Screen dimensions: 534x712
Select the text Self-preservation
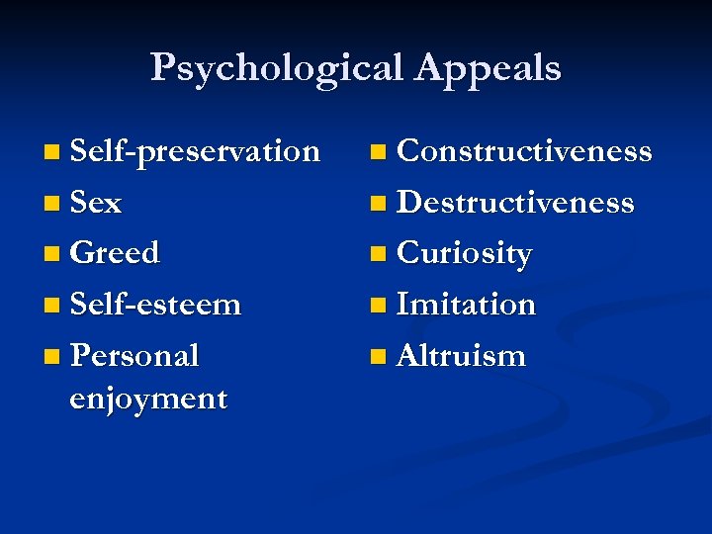195,151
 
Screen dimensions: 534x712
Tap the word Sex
96,203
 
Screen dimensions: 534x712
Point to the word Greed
115,253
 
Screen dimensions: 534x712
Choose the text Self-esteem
155,305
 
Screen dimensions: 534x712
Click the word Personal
134,355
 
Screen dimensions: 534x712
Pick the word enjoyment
148,399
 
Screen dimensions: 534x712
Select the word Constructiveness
524,151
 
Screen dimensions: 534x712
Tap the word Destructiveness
515,203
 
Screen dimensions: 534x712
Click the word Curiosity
464,254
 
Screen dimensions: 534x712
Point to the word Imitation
466,305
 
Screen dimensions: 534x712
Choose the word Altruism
461,356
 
